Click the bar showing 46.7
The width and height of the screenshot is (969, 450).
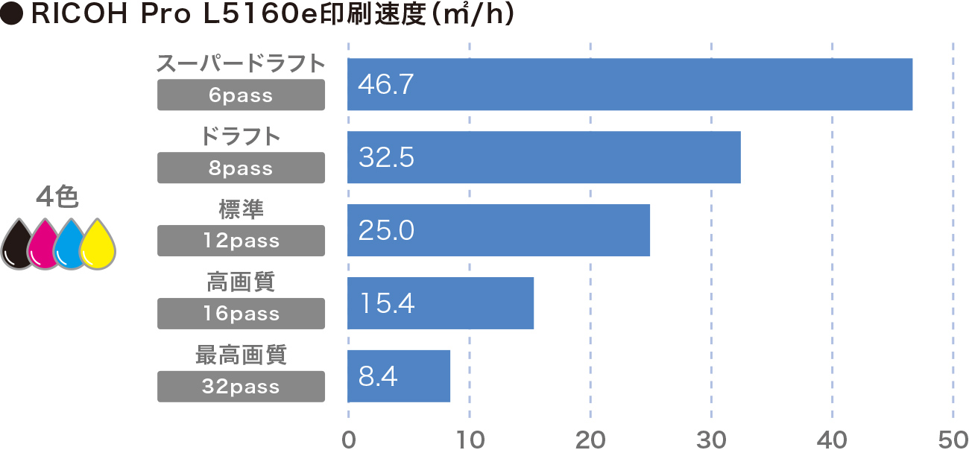tap(630, 84)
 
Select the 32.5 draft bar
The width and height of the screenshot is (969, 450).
tap(544, 157)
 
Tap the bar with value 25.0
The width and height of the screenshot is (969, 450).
tap(499, 230)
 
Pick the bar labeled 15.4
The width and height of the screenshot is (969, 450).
tap(441, 303)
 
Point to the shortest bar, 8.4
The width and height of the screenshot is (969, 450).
tap(399, 376)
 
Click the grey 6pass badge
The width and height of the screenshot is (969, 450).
tap(241, 95)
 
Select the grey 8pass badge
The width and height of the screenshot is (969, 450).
tap(241, 168)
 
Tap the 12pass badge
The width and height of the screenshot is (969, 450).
tap(241, 241)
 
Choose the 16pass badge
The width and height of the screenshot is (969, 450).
tap(241, 314)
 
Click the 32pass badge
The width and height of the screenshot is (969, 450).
tap(241, 387)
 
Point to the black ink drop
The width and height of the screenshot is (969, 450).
tap(17, 246)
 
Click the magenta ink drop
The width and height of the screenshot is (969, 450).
tap(43, 246)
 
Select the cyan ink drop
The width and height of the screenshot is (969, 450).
tap(70, 246)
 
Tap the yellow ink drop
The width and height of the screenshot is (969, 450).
tap(97, 246)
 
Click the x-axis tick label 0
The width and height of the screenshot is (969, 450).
tap(348, 439)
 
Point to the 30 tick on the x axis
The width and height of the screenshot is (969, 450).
tap(711, 439)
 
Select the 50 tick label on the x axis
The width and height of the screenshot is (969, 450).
tap(953, 439)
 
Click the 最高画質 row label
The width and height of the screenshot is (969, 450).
tap(241, 355)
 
